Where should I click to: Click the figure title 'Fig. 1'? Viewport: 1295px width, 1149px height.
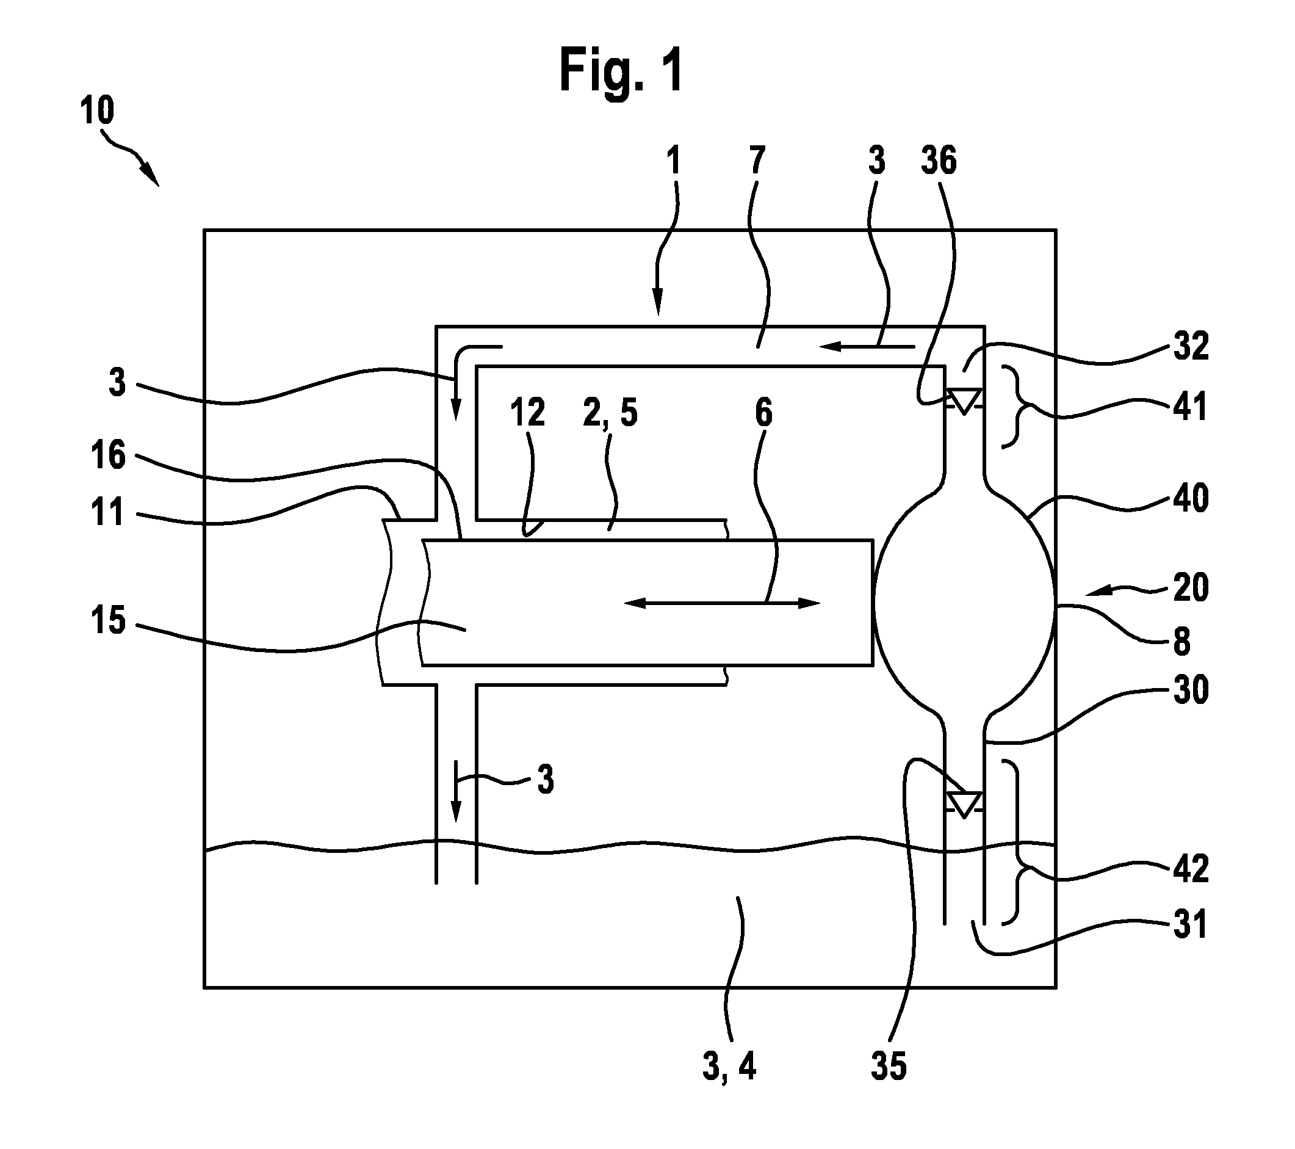[621, 70]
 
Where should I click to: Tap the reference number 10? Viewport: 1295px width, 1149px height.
[97, 111]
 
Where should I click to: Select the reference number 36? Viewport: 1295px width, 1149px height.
[939, 161]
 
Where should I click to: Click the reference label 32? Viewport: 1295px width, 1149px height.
[1191, 347]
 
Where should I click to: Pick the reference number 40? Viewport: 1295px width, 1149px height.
[1191, 498]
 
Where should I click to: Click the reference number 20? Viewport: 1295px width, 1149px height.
[1191, 587]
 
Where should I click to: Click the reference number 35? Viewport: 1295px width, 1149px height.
[889, 1066]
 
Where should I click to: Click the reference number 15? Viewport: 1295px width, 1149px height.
[109, 620]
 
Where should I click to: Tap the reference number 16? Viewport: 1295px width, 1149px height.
[109, 455]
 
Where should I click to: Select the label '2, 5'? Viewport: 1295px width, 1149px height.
[610, 414]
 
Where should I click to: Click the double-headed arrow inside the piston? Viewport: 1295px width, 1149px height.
[723, 603]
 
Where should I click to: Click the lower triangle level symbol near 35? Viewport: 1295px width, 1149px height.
[964, 805]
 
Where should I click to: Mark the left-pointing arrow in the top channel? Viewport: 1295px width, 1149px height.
[867, 347]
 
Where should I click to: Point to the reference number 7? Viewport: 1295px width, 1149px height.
[757, 161]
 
